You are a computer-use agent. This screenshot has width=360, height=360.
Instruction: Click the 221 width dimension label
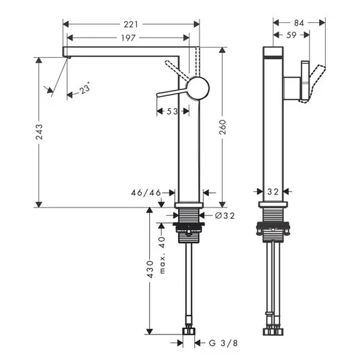click(x=131, y=24)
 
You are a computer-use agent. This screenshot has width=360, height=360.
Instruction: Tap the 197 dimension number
click(x=128, y=38)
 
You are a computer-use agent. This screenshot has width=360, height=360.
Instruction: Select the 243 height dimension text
click(x=39, y=132)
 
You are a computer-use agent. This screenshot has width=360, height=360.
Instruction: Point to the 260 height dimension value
click(x=222, y=127)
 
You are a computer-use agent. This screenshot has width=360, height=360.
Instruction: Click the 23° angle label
click(x=85, y=88)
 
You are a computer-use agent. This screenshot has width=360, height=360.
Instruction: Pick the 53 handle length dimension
click(x=172, y=111)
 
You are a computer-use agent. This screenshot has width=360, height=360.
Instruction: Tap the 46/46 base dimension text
click(x=146, y=193)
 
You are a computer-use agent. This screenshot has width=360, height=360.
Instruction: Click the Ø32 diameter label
click(x=225, y=216)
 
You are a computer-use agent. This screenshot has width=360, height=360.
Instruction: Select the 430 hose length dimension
click(x=150, y=269)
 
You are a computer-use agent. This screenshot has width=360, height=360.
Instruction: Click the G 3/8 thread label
click(x=224, y=343)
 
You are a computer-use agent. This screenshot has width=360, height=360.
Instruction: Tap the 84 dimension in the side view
click(x=299, y=23)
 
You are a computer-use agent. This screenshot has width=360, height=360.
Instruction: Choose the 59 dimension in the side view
click(x=291, y=35)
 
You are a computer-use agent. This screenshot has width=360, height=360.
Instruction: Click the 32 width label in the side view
click(x=273, y=191)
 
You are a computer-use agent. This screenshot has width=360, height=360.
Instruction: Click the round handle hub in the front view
click(x=197, y=88)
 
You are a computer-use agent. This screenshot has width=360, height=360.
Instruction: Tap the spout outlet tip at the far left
click(x=66, y=56)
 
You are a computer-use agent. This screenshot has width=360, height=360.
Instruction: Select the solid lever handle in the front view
click(x=172, y=92)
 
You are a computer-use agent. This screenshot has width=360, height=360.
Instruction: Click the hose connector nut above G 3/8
click(x=189, y=331)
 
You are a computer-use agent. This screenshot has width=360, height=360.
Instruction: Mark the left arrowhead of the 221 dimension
click(x=66, y=24)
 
